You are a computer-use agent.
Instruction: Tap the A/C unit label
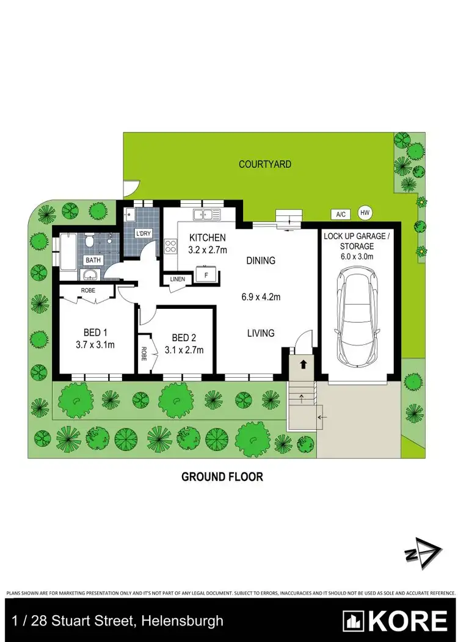(341, 214)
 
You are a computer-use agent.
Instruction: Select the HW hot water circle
(365, 212)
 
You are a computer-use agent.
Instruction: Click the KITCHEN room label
(208, 238)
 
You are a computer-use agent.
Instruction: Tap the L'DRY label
(144, 234)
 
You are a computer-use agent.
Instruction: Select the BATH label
(93, 260)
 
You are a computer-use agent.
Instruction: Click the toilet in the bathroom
(90, 242)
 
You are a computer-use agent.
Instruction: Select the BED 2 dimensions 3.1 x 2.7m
(184, 350)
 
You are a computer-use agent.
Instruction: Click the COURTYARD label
(264, 164)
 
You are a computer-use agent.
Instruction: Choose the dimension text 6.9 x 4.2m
(261, 298)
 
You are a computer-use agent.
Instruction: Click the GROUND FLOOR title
(222, 477)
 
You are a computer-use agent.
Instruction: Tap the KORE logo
(395, 621)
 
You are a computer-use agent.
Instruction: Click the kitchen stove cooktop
(170, 247)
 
